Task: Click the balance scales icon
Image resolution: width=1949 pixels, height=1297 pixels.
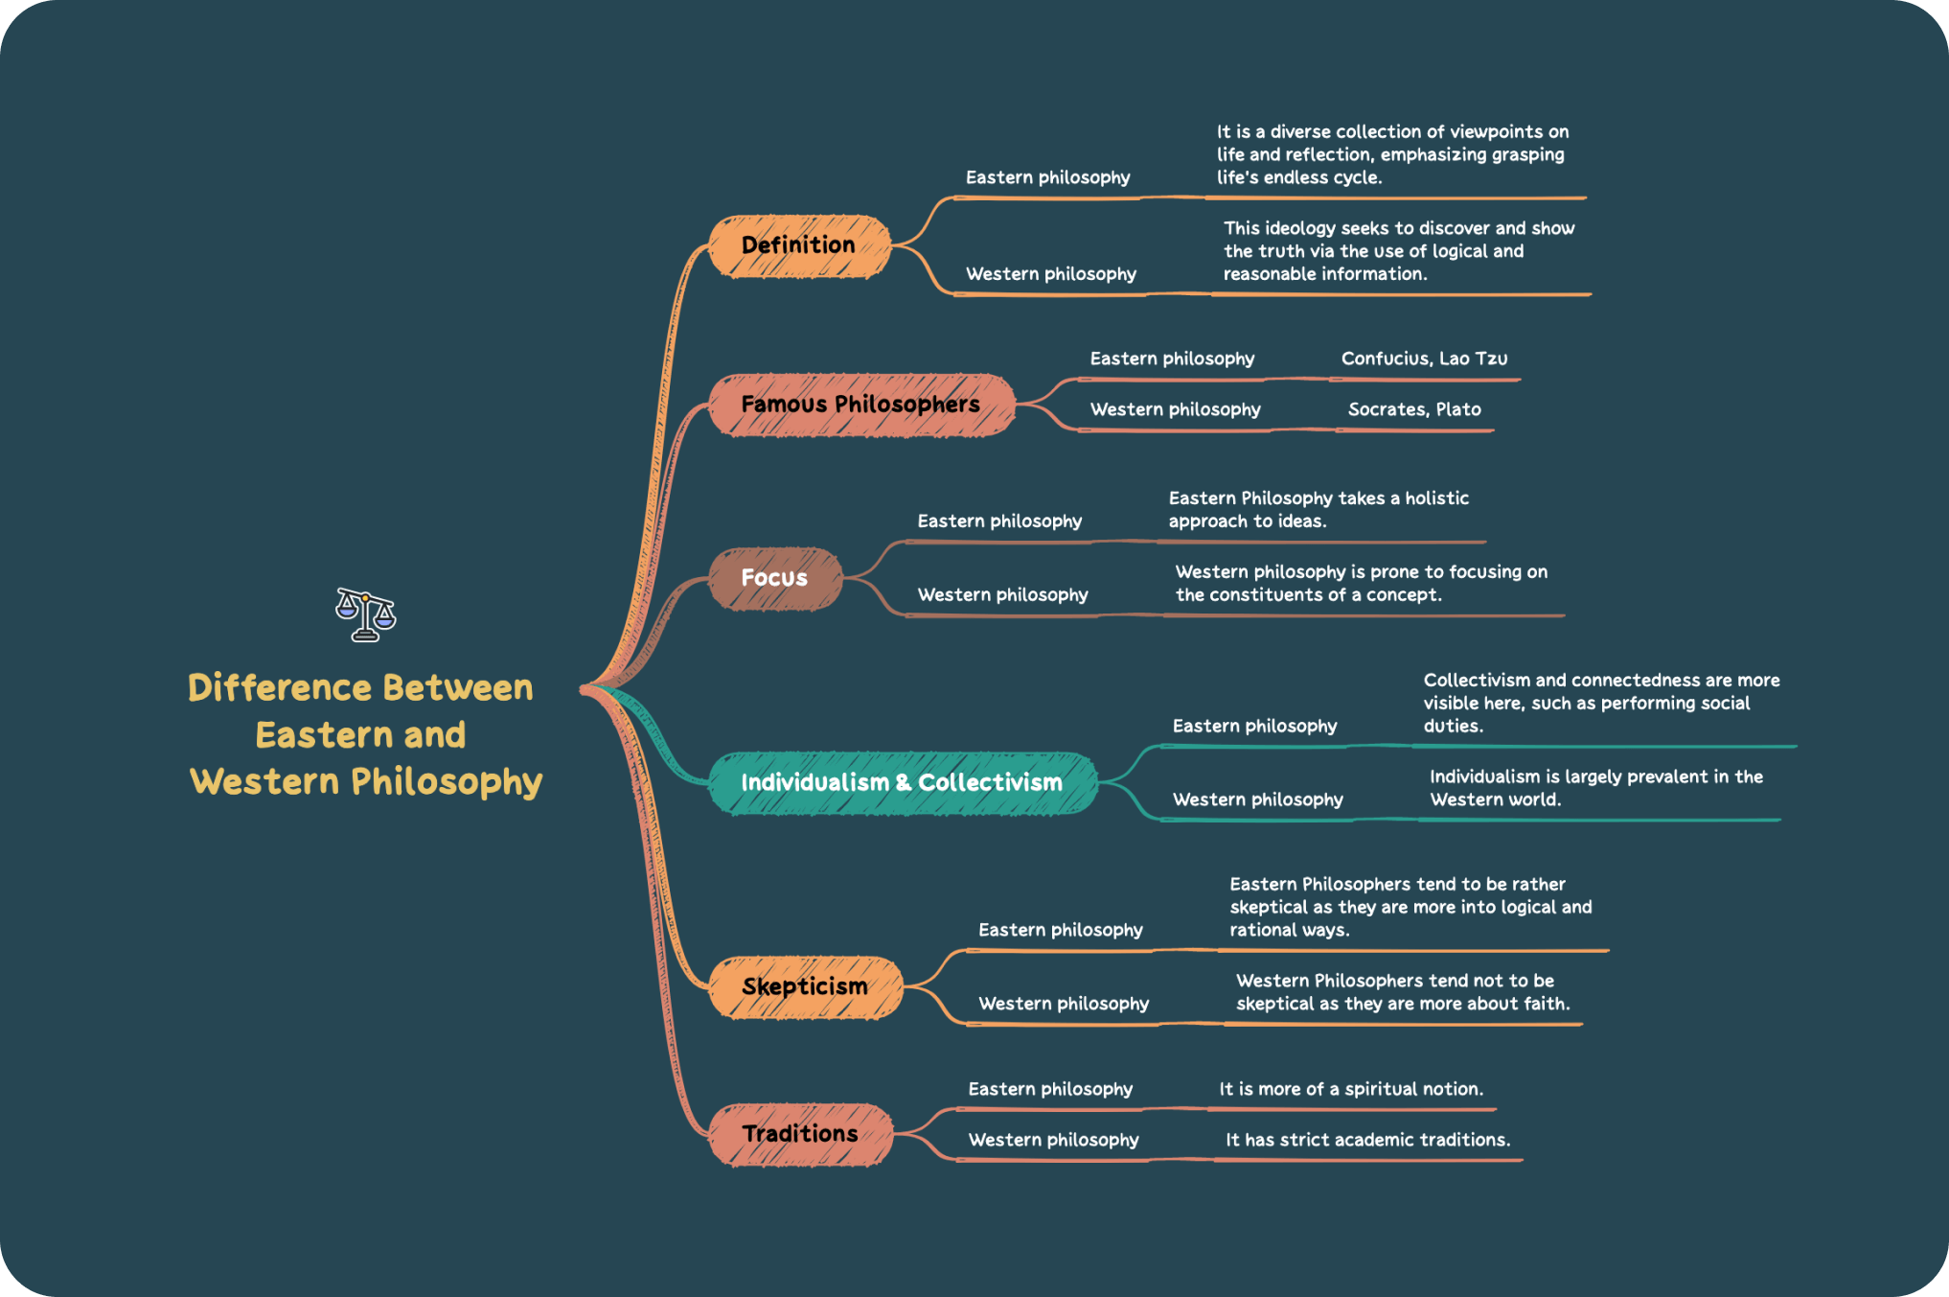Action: click(x=365, y=614)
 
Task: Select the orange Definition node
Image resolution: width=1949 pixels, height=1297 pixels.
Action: click(x=799, y=246)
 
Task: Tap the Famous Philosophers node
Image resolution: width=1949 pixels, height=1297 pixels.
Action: click(x=860, y=405)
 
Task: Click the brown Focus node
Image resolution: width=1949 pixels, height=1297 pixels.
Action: click(x=775, y=578)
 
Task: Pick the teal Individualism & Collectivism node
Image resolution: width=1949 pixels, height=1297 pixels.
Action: click(x=902, y=783)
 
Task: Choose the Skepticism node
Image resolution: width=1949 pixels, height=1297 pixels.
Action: click(x=805, y=987)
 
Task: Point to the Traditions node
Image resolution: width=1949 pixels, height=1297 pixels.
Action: click(x=800, y=1134)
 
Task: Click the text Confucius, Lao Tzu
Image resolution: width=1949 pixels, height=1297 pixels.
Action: click(x=1424, y=359)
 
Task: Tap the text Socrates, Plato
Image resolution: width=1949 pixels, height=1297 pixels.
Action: click(x=1414, y=409)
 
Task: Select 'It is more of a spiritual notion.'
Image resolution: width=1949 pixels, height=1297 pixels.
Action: click(x=1351, y=1089)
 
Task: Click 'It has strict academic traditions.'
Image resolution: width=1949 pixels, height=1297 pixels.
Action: click(x=1367, y=1140)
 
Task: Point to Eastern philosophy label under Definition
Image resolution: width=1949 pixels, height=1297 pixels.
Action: click(x=1047, y=177)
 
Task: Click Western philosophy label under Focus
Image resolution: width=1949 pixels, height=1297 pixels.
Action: click(x=1002, y=594)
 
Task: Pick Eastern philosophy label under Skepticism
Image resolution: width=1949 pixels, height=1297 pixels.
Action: click(x=1060, y=930)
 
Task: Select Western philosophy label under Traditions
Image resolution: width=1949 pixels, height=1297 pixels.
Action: click(x=1053, y=1140)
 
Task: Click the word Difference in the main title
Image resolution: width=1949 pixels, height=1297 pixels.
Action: click(x=279, y=688)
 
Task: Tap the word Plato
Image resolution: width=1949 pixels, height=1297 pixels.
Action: click(x=1458, y=409)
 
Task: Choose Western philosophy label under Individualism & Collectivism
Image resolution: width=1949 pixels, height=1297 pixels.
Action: click(x=1257, y=799)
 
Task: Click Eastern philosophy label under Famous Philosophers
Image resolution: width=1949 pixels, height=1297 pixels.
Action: click(x=1172, y=359)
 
